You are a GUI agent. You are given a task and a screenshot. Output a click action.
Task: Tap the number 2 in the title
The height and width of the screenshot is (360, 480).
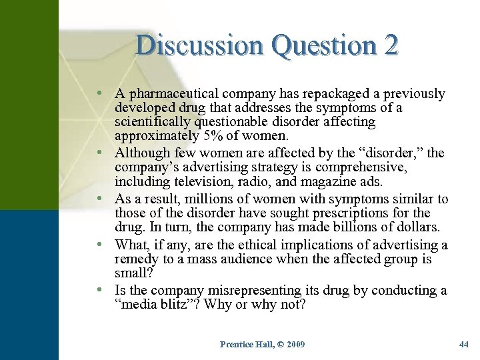coord(391,45)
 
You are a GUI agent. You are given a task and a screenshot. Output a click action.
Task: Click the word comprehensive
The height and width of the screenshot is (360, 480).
coord(368,167)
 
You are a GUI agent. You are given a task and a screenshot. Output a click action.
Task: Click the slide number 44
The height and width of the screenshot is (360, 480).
coord(464,345)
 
